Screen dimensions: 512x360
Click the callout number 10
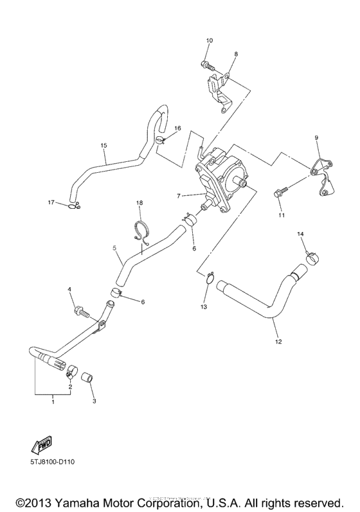pyautogui.click(x=209, y=41)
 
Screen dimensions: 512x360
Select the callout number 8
pyautogui.click(x=235, y=55)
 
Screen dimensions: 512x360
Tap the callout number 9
pyautogui.click(x=316, y=138)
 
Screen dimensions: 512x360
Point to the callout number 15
pyautogui.click(x=104, y=145)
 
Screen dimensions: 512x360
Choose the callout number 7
pyautogui.click(x=179, y=195)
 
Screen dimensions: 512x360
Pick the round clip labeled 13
pyautogui.click(x=210, y=277)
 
